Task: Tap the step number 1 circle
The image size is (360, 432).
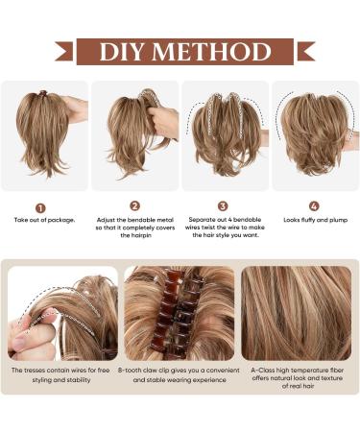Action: point(40,207)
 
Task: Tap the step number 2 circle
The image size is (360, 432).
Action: point(134,205)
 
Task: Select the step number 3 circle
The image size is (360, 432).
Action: point(223,205)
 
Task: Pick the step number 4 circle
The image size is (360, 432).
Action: point(313,205)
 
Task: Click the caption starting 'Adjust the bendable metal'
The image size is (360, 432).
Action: point(134,227)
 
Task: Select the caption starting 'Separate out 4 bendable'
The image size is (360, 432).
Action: point(224,227)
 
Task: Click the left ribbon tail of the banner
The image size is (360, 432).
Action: point(64,51)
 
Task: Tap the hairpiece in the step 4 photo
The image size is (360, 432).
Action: point(309,134)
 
